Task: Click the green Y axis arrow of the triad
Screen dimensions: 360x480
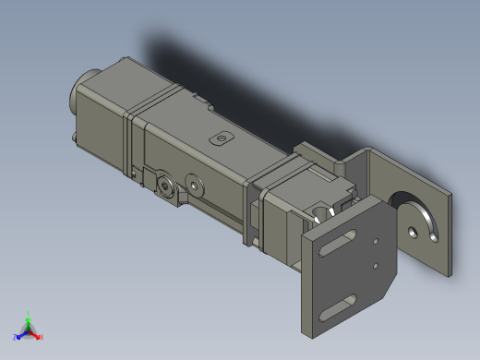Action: (x=29, y=316)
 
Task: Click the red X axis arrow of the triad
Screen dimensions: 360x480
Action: (x=39, y=336)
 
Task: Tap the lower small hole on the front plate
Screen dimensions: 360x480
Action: (x=375, y=269)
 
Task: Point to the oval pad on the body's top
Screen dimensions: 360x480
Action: (x=220, y=138)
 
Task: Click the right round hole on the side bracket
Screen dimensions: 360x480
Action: (x=193, y=182)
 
